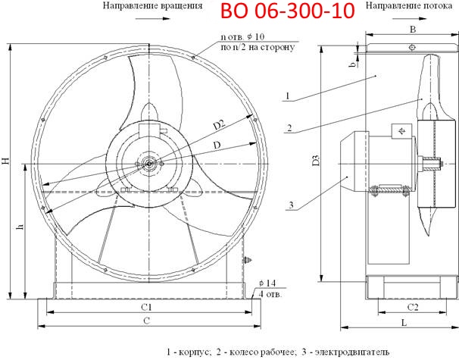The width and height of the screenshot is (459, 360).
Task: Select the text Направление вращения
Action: [x=152, y=6]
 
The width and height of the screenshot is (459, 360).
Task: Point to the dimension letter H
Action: [x=5, y=161]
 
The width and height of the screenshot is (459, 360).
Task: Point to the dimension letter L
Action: [x=406, y=324]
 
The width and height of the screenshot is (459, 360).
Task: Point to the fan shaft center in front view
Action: [x=149, y=161]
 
